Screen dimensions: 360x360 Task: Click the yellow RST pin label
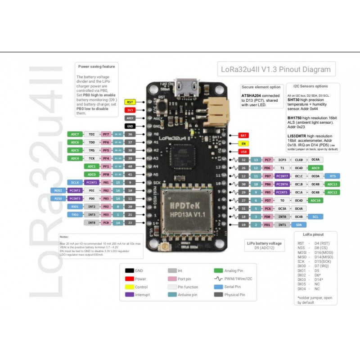130,102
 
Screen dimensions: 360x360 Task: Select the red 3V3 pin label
130,110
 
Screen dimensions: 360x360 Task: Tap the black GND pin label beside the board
130,126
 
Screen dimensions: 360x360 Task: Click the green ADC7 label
75,134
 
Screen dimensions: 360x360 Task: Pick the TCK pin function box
91,158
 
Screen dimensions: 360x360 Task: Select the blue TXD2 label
75,215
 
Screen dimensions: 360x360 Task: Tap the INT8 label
91,223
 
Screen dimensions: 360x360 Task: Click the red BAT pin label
243,135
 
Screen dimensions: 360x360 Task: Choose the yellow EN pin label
243,143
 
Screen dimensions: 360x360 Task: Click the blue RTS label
332,176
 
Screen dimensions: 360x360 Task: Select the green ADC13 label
332,184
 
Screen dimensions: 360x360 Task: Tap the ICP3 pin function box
283,160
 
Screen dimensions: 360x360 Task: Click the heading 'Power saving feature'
96,67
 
